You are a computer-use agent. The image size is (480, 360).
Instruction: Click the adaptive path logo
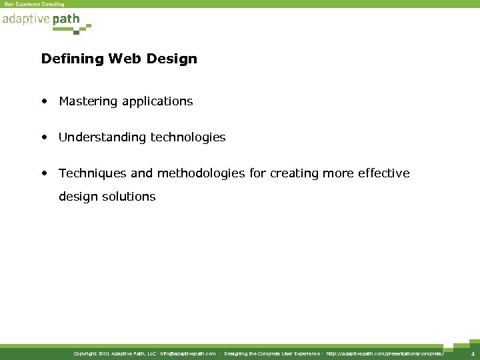click(x=41, y=19)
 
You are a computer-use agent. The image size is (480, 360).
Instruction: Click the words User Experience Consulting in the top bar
click(x=35, y=4)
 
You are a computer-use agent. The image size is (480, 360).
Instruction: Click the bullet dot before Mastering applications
click(x=44, y=102)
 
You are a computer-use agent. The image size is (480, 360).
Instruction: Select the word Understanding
click(x=102, y=137)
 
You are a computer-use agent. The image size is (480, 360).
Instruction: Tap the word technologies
click(x=188, y=137)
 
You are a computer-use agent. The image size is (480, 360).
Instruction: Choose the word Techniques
click(x=89, y=173)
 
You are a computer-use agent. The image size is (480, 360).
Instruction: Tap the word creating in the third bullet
click(x=293, y=173)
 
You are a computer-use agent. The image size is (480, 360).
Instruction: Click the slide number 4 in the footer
click(x=472, y=354)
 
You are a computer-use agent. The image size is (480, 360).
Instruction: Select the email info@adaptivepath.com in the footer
click(x=188, y=354)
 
